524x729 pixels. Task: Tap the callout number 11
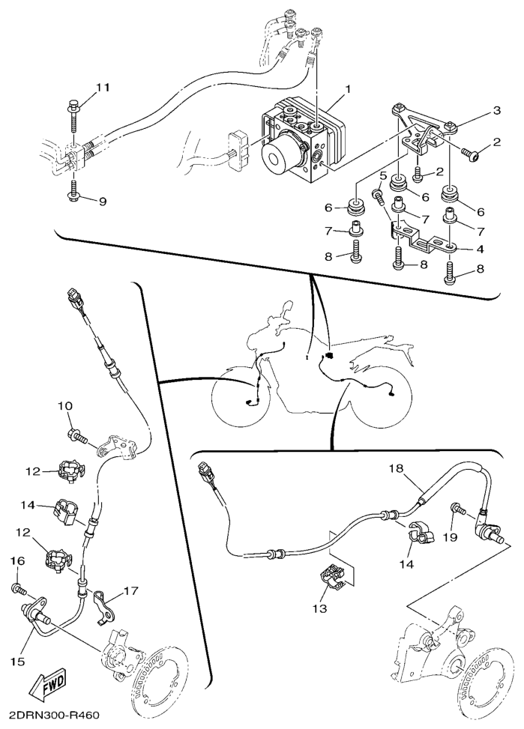tap(103, 88)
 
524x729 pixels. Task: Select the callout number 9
tap(103, 202)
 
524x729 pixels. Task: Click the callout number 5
tap(383, 175)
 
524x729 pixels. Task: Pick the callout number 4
tap(480, 249)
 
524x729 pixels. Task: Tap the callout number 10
tap(65, 406)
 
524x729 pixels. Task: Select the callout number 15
tap(19, 661)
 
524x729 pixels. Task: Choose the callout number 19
tap(451, 537)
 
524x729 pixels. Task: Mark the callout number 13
tap(320, 608)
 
